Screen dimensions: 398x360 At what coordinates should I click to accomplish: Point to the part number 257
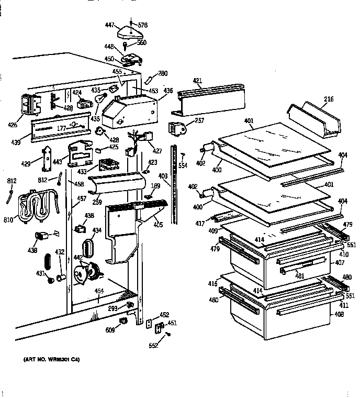pyautogui.click(x=199, y=121)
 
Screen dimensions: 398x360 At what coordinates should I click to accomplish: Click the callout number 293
pyautogui.click(x=113, y=309)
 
